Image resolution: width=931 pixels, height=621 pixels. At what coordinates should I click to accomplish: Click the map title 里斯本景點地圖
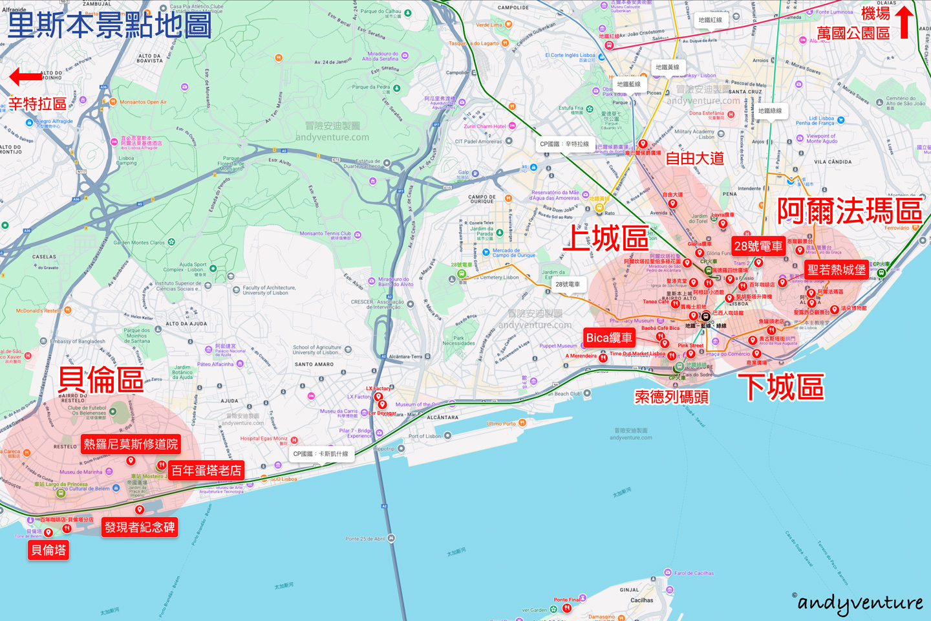click(x=110, y=25)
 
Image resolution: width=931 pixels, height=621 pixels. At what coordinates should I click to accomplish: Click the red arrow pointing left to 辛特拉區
click(x=26, y=78)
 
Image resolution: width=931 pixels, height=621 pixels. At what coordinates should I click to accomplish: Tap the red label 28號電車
click(x=758, y=246)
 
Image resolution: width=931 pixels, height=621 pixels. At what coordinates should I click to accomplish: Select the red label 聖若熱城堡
click(x=836, y=270)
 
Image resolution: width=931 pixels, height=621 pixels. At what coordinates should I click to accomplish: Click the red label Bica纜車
click(x=609, y=338)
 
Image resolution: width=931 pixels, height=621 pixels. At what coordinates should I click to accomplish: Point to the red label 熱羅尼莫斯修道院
click(x=131, y=444)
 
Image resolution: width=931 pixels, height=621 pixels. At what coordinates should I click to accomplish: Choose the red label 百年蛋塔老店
click(x=206, y=470)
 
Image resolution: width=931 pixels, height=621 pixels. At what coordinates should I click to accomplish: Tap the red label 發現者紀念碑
click(x=140, y=527)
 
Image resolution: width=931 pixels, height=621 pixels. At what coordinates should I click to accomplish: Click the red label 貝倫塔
click(x=48, y=550)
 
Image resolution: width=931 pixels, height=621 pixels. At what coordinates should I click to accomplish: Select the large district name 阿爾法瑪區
click(x=850, y=211)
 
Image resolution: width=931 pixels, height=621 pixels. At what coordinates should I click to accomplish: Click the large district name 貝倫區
click(x=101, y=380)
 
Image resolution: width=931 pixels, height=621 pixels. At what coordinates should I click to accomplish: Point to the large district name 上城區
click(x=606, y=239)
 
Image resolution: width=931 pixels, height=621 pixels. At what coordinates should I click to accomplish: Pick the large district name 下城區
click(x=781, y=387)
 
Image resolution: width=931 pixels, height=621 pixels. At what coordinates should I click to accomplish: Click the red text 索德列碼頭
click(x=671, y=397)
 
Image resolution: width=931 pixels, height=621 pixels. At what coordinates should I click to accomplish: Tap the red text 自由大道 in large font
click(x=694, y=158)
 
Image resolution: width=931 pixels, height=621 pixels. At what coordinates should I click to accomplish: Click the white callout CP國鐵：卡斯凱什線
click(x=321, y=454)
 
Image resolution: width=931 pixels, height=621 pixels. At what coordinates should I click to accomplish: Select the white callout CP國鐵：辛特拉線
click(x=564, y=144)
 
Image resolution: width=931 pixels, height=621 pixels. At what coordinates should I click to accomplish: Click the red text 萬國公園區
click(x=853, y=33)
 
